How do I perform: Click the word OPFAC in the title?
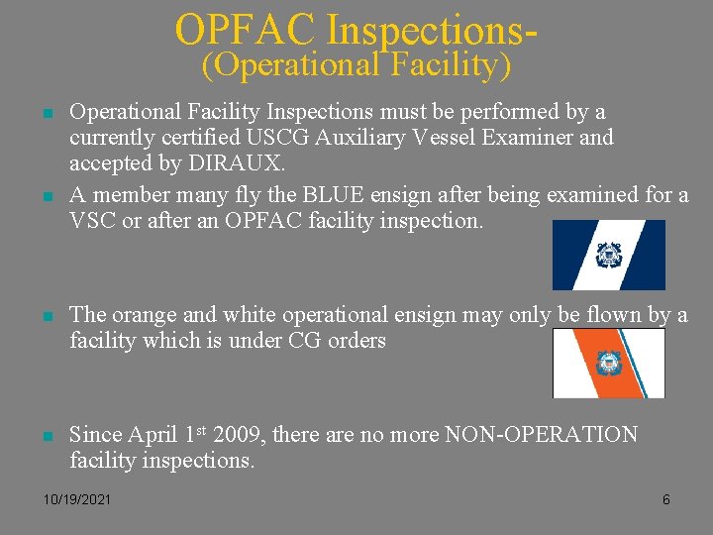point(247,30)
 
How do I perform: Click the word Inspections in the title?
point(426,30)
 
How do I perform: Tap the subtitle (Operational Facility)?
point(356,65)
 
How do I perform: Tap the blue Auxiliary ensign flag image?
point(608,255)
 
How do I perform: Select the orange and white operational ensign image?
point(608,363)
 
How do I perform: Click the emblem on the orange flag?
point(608,363)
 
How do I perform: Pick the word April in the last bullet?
point(153,435)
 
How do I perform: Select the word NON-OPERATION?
point(543,435)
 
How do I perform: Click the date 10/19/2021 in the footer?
point(77,499)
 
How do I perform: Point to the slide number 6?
point(665,499)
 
